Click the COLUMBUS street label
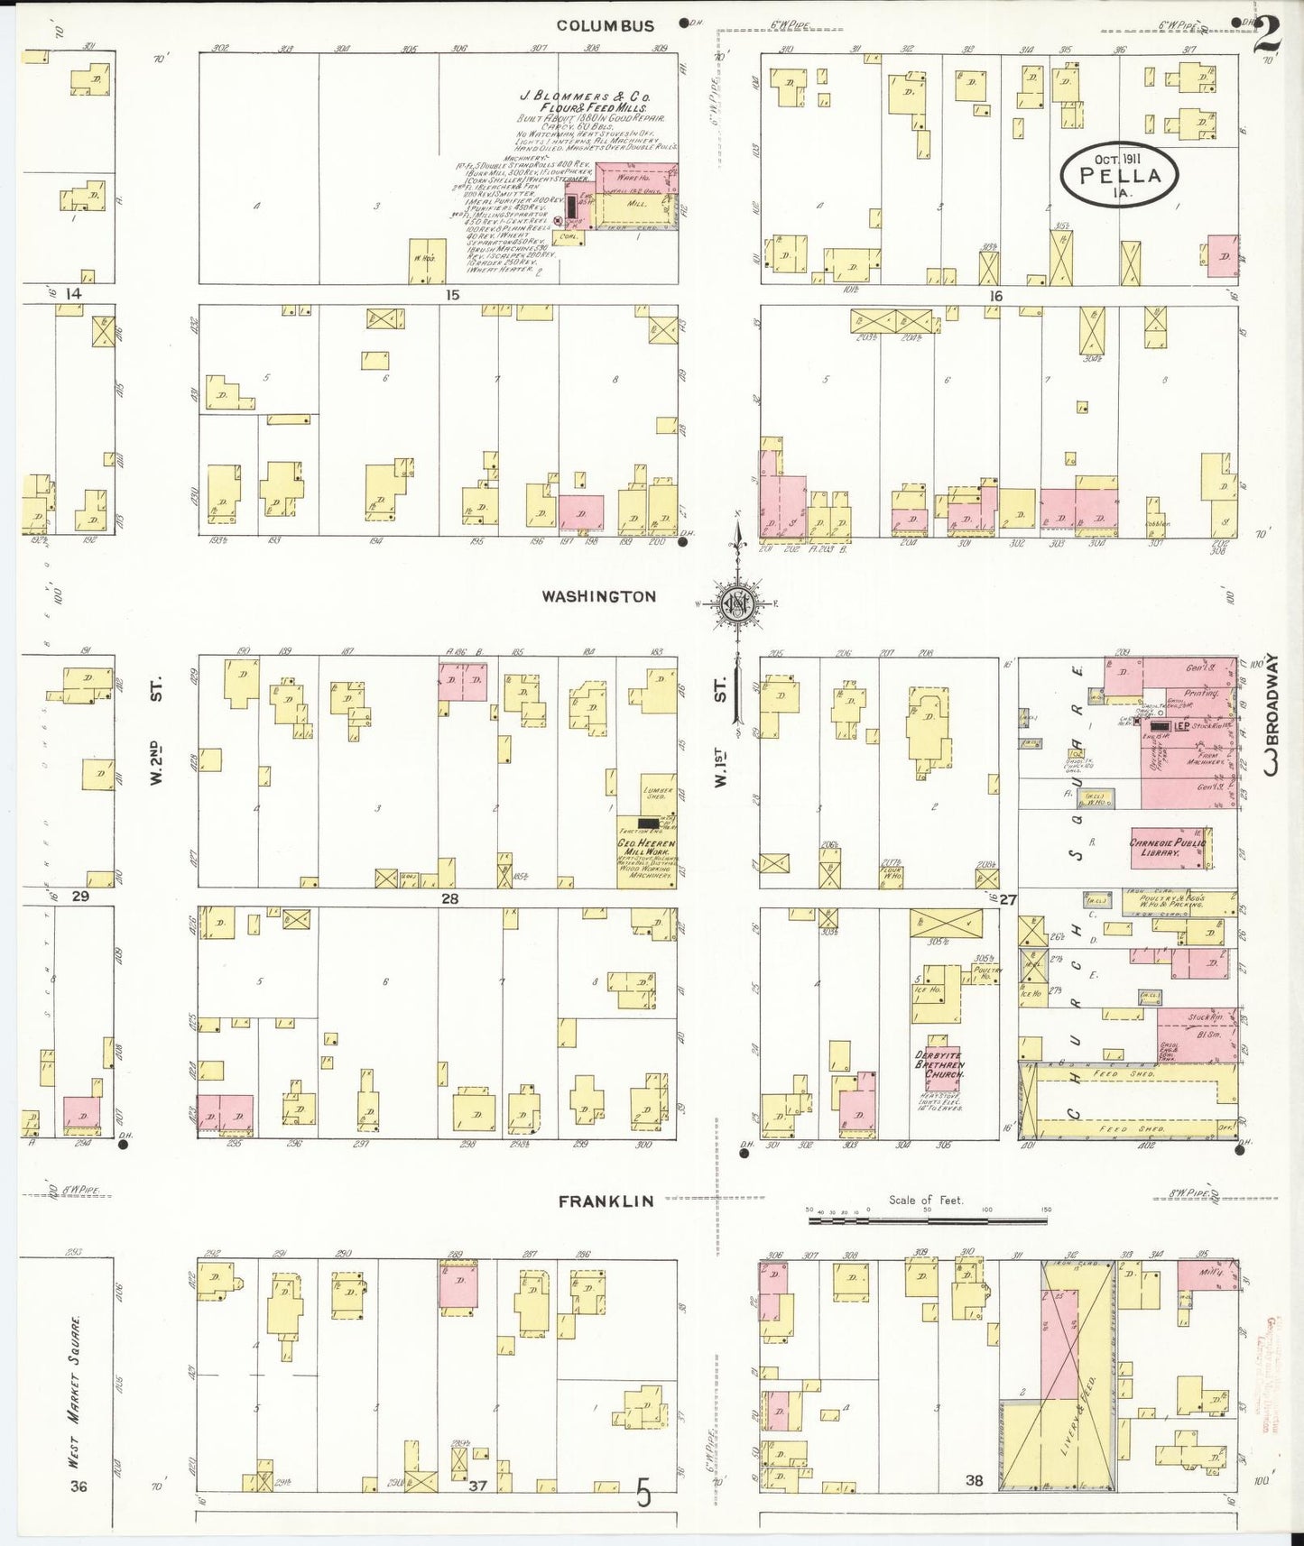click(605, 26)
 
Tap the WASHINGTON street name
click(599, 596)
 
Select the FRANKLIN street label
click(605, 1201)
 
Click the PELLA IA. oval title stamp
click(1122, 175)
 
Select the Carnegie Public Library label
click(1168, 847)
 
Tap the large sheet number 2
click(1268, 35)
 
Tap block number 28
click(449, 898)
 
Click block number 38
click(974, 1480)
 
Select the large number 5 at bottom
click(643, 1495)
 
